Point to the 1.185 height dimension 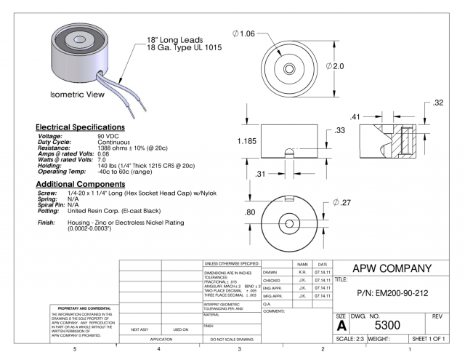coord(247,141)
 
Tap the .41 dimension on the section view coord(355,116)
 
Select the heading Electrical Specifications coord(81,127)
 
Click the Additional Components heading coord(82,185)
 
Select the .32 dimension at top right coord(437,103)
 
